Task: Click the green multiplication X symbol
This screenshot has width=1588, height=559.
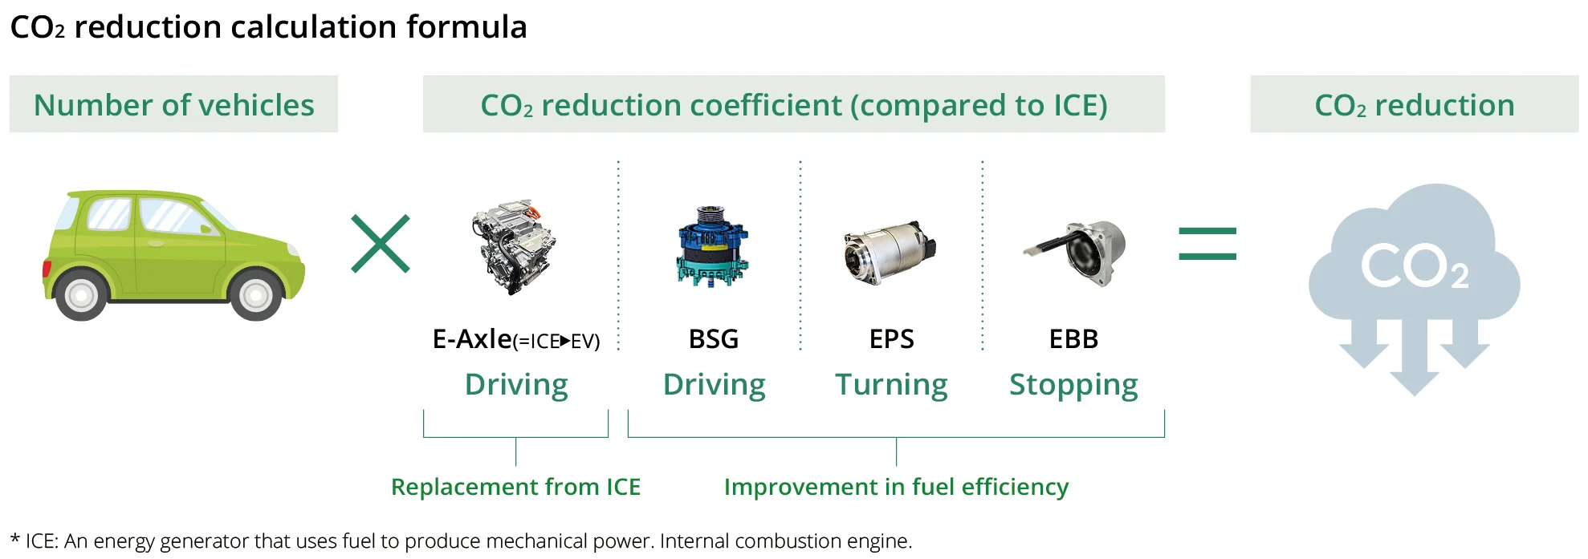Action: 381,244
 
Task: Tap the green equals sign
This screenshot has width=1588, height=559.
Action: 1207,244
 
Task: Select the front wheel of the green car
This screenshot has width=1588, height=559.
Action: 256,295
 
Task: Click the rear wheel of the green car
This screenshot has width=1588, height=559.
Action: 81,295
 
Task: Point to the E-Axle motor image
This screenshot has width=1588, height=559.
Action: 514,248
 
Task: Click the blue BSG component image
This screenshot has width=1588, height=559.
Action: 712,246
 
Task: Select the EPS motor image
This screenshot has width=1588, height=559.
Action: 890,252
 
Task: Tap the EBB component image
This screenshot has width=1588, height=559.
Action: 1076,253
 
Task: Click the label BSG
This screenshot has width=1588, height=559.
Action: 714,339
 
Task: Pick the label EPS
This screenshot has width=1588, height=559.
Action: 892,339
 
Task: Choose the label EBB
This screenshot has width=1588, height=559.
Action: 1073,339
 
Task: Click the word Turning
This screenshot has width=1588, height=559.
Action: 891,385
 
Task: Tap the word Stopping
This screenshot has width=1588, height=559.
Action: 1073,385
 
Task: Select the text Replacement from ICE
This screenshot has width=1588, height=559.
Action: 515,487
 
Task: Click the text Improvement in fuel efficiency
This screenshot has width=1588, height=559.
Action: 896,487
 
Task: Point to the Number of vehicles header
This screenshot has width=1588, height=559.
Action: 173,105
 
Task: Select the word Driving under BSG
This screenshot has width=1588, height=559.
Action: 714,385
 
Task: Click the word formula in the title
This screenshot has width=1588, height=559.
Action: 466,27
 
